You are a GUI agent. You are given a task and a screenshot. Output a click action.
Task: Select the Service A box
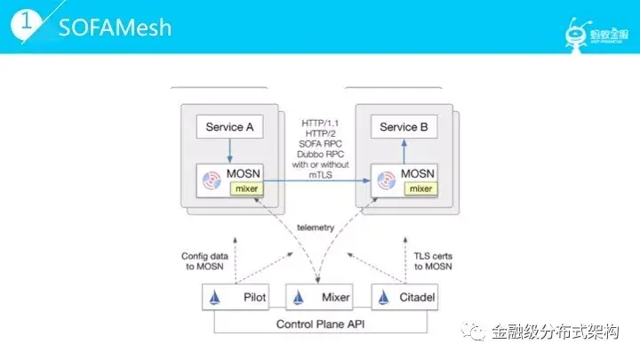(x=229, y=127)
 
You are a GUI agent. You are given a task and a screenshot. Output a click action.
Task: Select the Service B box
(x=404, y=127)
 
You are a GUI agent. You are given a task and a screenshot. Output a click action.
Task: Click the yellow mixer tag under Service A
(x=245, y=188)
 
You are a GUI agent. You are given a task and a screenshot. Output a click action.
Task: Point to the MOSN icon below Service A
(x=212, y=180)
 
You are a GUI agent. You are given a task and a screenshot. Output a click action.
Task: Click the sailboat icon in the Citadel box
(x=384, y=297)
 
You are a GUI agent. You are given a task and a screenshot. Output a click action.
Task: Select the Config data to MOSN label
(x=207, y=260)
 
